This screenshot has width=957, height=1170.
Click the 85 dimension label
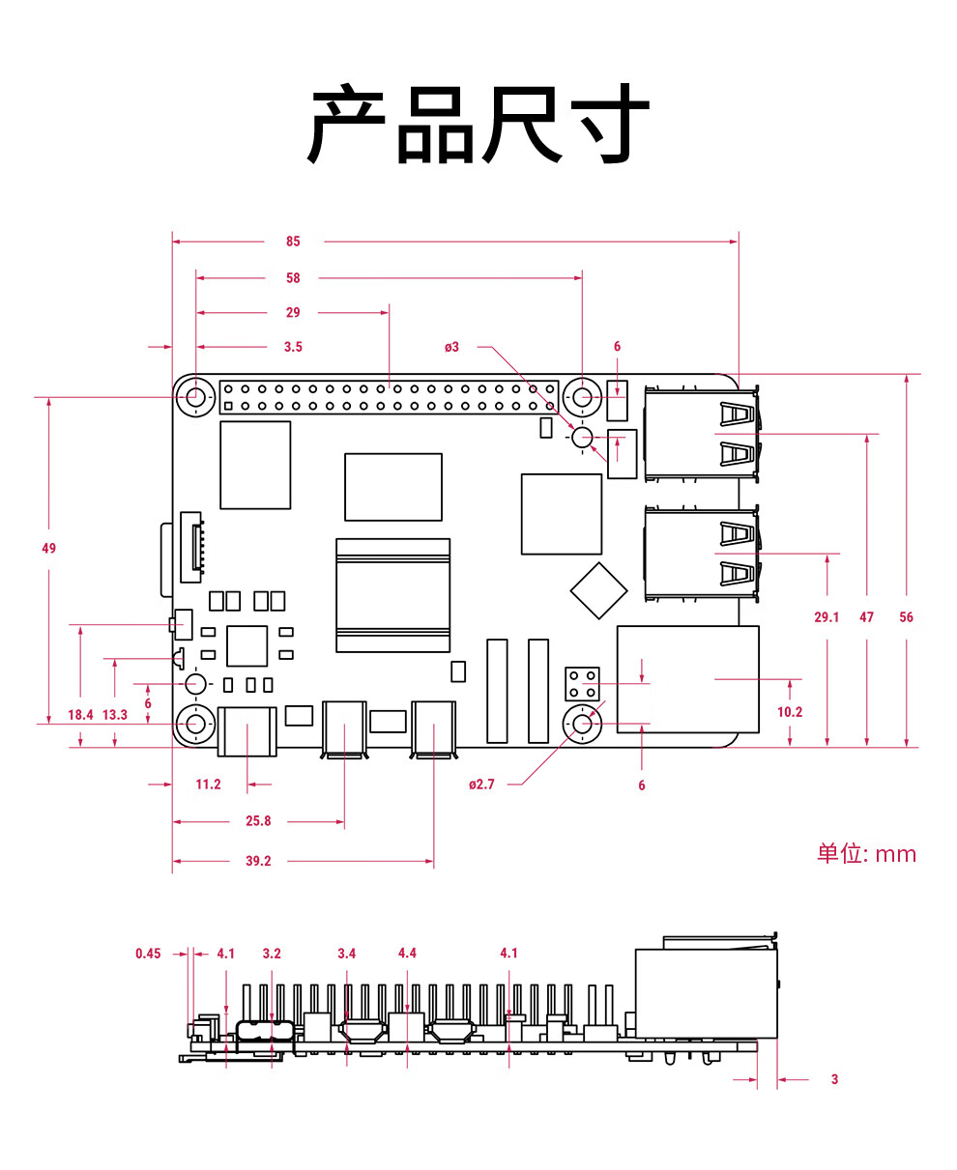[x=293, y=242]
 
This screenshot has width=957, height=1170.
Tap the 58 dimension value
[x=293, y=278]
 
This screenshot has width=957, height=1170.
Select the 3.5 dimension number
[x=293, y=347]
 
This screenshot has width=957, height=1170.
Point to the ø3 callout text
[x=451, y=347]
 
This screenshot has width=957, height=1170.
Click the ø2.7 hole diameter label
[x=481, y=785]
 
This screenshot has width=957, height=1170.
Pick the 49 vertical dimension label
[x=49, y=548]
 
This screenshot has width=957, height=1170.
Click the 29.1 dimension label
[x=826, y=617]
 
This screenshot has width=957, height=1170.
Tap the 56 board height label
[x=906, y=617]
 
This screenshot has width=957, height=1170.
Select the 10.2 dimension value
[x=790, y=712]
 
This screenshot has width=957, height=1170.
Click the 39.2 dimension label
[x=258, y=861]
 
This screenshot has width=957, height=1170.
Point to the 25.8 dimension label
[x=258, y=821]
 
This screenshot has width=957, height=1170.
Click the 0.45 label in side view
[x=148, y=954]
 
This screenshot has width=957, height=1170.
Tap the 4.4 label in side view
[x=407, y=953]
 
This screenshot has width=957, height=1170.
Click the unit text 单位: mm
[x=866, y=854]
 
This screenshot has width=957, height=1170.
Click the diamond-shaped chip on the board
[x=598, y=591]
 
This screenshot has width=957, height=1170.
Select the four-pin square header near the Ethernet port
[x=582, y=684]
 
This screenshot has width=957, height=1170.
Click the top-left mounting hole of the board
[x=195, y=397]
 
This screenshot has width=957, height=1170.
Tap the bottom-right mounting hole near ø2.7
[x=582, y=724]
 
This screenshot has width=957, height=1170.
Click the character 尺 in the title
[x=521, y=124]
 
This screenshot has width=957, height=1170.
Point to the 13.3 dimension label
[x=115, y=715]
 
